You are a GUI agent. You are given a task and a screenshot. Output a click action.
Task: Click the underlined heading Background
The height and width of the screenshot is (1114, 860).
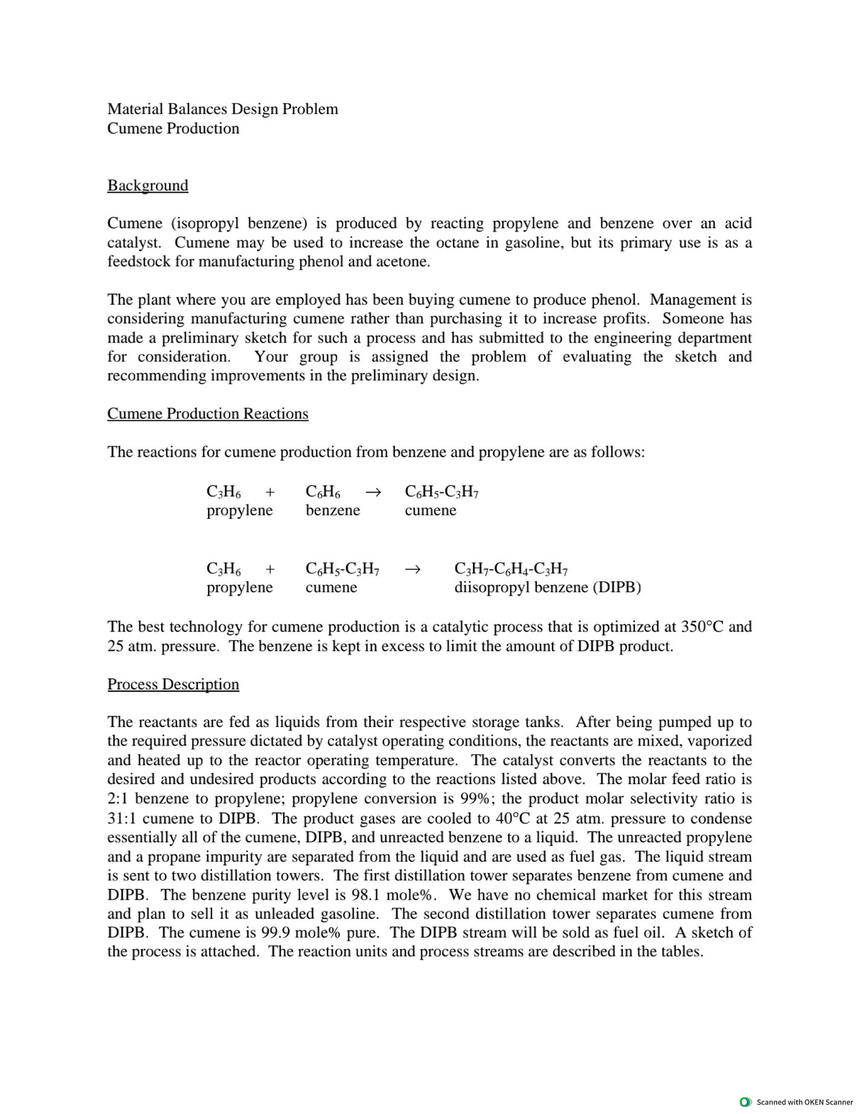(x=148, y=185)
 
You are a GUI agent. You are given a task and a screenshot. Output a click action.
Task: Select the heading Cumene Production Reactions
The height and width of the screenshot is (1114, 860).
(x=208, y=414)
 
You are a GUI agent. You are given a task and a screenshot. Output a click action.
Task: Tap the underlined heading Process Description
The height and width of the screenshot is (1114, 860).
(x=173, y=684)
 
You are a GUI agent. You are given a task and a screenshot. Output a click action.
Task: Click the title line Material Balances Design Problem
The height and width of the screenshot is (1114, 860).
(x=223, y=109)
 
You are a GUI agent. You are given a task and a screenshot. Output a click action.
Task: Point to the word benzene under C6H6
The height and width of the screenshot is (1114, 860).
(x=333, y=510)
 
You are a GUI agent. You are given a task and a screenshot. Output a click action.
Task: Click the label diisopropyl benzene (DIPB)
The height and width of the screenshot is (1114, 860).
(x=548, y=588)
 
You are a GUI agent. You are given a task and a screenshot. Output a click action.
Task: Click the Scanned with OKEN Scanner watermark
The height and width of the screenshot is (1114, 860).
(x=798, y=1102)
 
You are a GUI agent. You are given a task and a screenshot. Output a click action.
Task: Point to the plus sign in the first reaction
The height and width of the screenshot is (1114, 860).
(x=270, y=492)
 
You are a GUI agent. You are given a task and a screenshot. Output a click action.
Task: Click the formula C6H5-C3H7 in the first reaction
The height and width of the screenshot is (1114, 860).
(x=442, y=492)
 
